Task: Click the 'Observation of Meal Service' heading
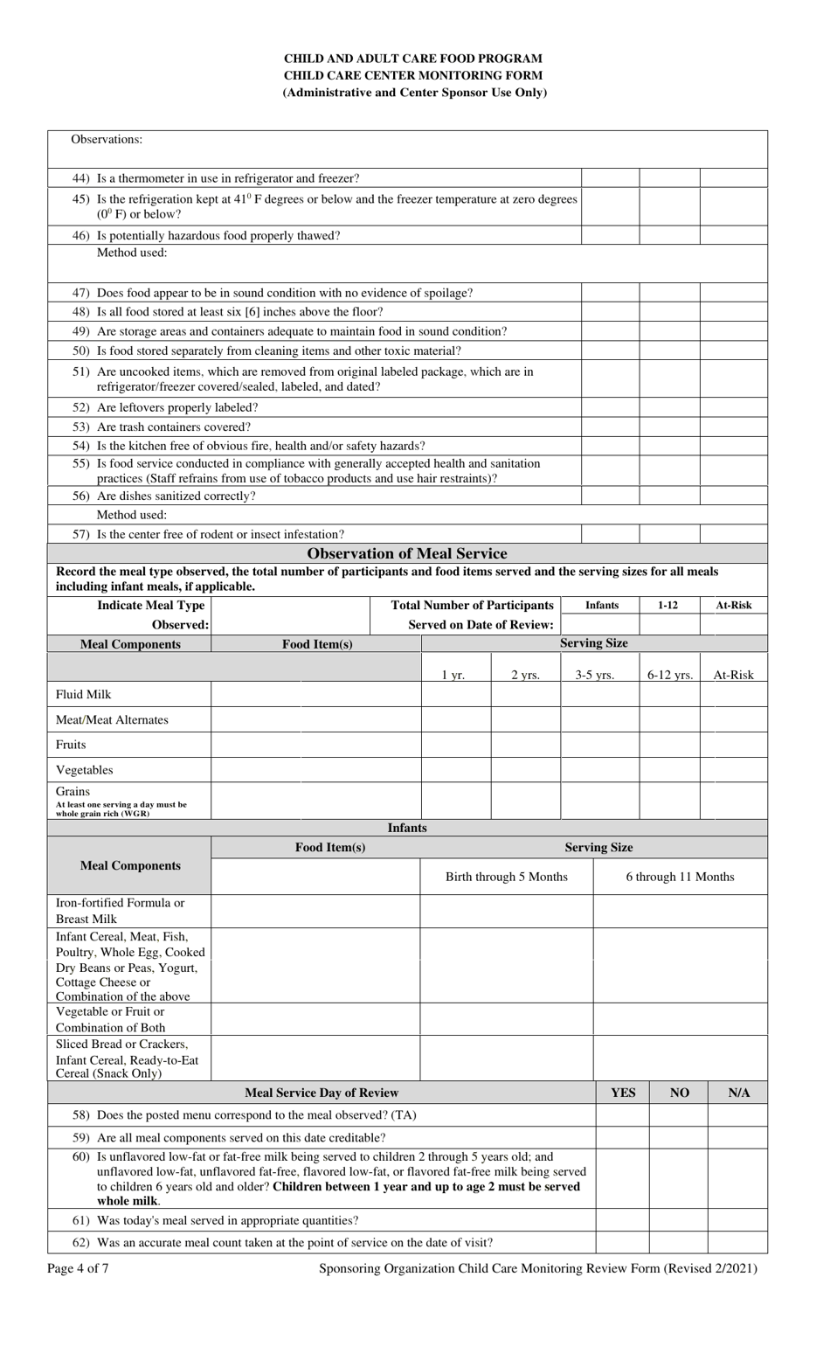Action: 407,553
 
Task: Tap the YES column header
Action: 622,1093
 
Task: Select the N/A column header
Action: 738,1093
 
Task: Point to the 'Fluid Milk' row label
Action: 84,694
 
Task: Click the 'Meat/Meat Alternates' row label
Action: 112,719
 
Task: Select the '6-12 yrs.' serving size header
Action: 669,675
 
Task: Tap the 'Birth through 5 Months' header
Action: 506,877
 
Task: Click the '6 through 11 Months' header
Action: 680,877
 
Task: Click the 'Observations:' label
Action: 107,140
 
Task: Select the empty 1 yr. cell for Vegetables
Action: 456,770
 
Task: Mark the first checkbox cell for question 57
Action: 610,534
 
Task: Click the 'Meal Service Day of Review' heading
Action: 322,1093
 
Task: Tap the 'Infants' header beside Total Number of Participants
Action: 602,605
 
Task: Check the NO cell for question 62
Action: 679,1242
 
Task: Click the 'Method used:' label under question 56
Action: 131,515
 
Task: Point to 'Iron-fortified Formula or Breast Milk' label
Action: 121,911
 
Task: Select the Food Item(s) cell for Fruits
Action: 315,745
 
